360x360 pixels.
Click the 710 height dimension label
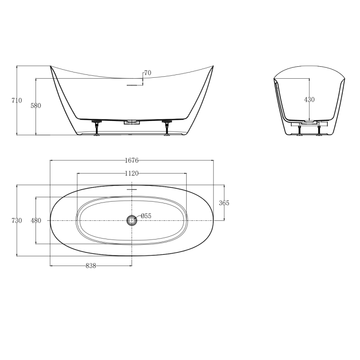tap(17, 100)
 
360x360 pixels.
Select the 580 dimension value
tap(36, 106)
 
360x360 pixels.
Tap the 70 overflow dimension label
tap(148, 73)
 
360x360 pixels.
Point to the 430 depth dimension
tap(309, 100)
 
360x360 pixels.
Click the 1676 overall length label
tap(132, 160)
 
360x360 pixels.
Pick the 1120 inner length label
tap(132, 173)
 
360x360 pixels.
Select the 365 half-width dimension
tap(224, 203)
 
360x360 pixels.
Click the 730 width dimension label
tap(17, 221)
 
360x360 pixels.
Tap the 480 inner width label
tap(36, 221)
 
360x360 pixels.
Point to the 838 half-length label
tap(91, 266)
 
